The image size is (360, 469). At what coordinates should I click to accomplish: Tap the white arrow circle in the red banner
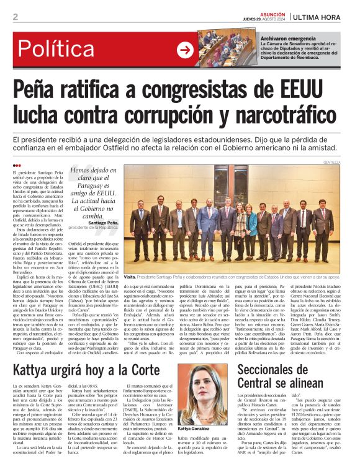click(x=186, y=50)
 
